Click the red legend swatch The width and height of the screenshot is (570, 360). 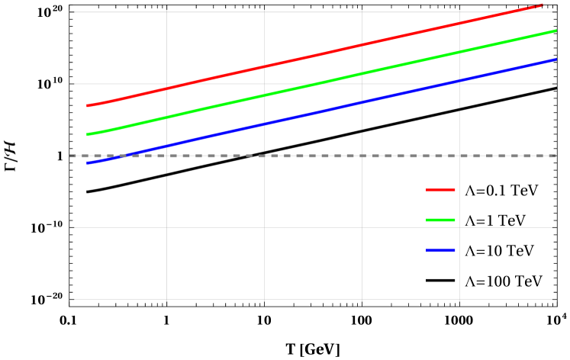440,190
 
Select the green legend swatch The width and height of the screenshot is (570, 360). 440,220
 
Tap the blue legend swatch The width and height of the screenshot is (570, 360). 440,250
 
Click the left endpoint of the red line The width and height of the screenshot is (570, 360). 88,106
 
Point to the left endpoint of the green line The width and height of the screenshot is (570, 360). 88,135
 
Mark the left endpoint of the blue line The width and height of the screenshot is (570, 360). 88,163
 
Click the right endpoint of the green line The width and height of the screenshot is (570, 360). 556,31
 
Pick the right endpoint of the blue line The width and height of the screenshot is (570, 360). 556,59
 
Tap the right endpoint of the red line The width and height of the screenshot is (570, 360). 542,5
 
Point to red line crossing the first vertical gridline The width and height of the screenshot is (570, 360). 166,88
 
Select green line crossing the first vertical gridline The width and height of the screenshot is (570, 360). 166,117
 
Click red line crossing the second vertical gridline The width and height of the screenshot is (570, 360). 264,67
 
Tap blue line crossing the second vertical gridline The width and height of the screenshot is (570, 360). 264,124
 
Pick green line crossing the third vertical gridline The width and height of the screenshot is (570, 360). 362,74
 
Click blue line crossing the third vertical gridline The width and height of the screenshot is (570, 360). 362,102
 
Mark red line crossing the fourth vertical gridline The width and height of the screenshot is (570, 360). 459,24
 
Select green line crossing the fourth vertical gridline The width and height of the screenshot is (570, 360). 459,53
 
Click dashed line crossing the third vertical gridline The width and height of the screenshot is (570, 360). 362,156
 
